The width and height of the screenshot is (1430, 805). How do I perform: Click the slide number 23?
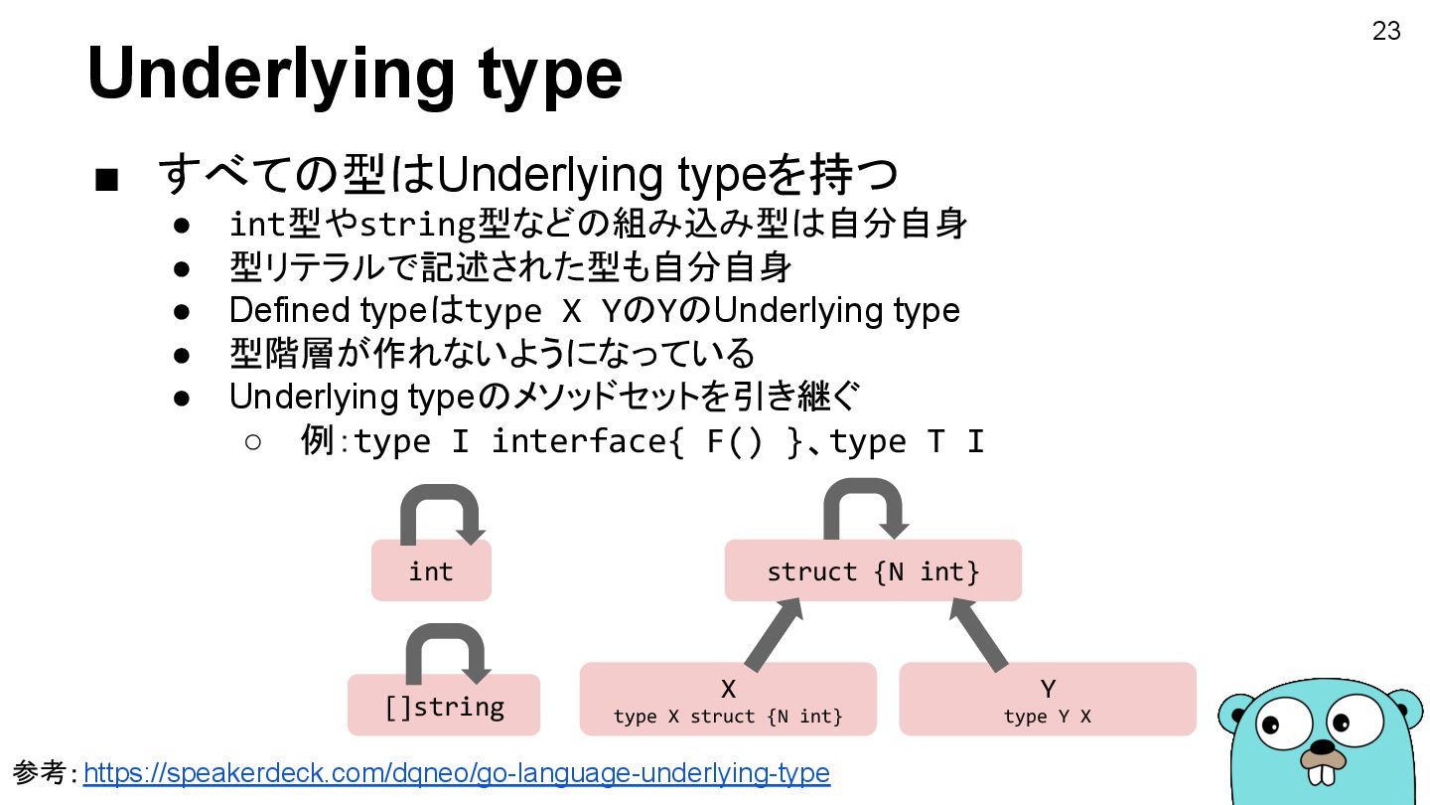pos(1386,32)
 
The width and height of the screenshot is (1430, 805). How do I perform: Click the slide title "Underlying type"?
pos(355,74)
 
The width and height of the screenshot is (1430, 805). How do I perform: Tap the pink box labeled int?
pos(431,571)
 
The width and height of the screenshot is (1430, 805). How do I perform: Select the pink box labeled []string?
pos(444,706)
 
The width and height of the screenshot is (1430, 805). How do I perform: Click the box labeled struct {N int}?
pos(873,571)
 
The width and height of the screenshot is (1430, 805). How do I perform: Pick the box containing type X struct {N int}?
pos(728,700)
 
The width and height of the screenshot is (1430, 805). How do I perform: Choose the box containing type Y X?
pos(1047,700)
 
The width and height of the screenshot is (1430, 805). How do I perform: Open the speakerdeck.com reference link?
pos(456,773)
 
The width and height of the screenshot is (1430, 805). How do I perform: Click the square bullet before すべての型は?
pos(106,180)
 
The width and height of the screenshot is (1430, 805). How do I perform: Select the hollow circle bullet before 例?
pos(252,441)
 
